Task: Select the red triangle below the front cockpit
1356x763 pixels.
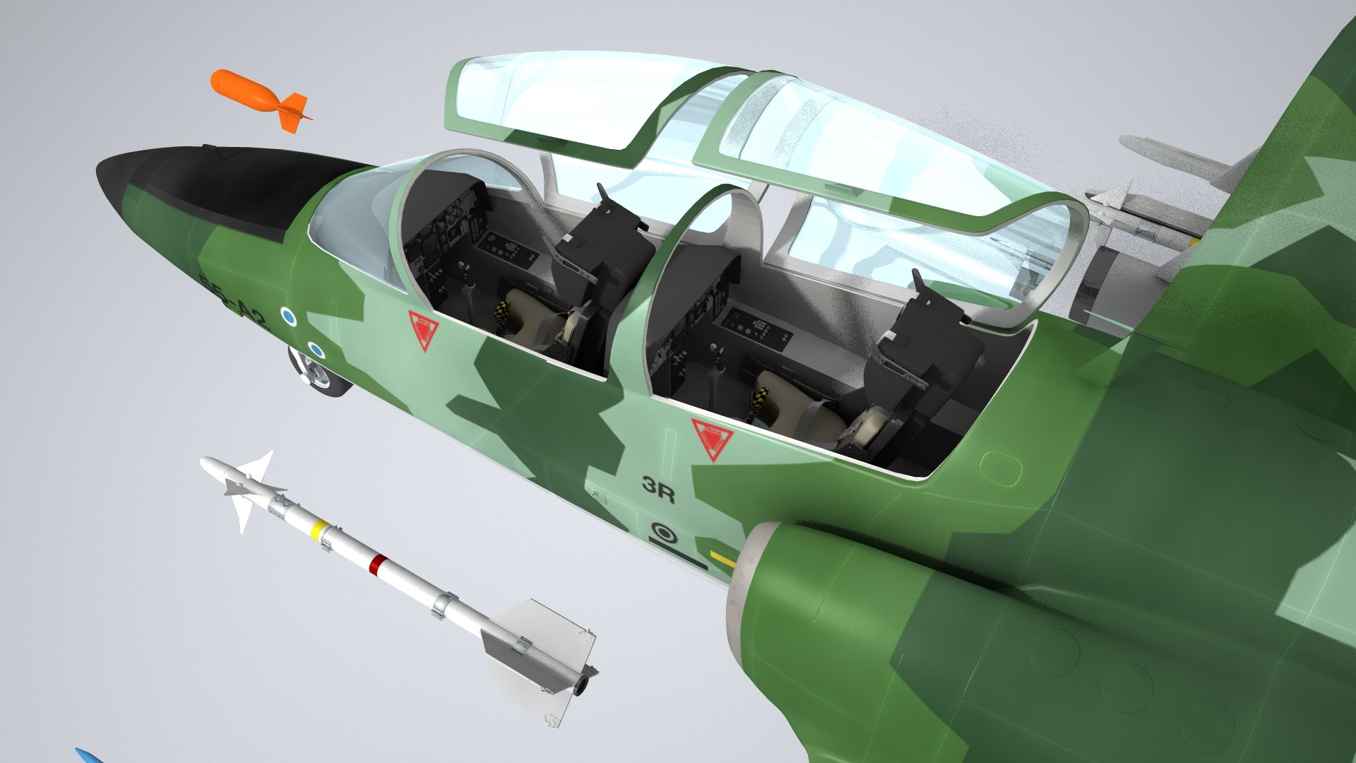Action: (423, 329)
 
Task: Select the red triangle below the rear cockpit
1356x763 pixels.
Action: (712, 437)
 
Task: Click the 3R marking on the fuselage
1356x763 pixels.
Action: (658, 488)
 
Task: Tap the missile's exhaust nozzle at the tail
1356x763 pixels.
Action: (583, 682)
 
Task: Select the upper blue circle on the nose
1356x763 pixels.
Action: (287, 317)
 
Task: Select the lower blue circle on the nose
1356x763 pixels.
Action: (316, 350)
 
